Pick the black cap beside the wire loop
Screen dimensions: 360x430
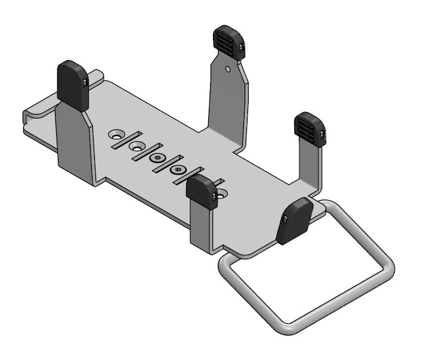295,221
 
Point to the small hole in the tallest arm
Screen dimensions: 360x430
228,69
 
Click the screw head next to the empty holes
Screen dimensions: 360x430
158,158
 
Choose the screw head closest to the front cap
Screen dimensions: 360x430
178,170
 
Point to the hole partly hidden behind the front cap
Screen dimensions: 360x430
222,193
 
